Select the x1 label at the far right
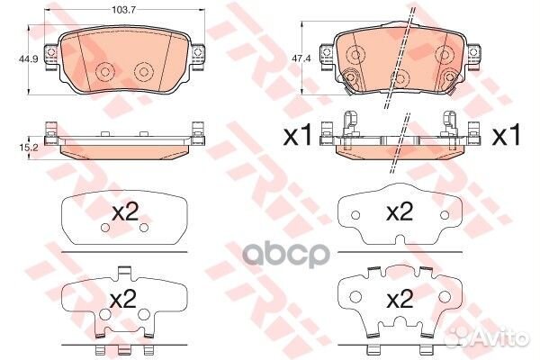508,137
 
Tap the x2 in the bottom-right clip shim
398,298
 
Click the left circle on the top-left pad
106,72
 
